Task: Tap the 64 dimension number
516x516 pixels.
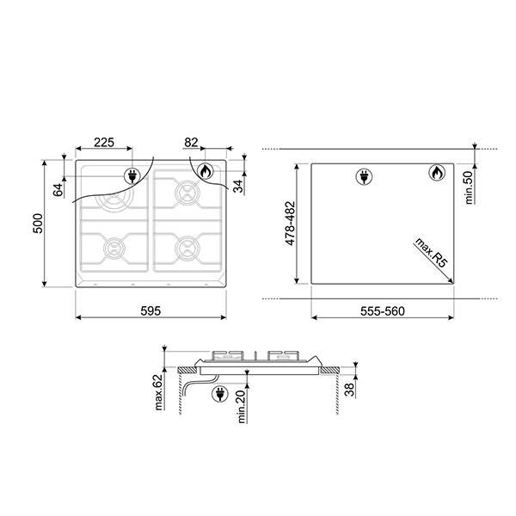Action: pyautogui.click(x=58, y=189)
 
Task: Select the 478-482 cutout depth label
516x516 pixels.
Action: pyautogui.click(x=292, y=224)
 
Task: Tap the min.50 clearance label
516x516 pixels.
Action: pyautogui.click(x=470, y=187)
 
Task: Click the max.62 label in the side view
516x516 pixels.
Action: pyautogui.click(x=158, y=392)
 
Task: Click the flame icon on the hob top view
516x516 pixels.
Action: pyautogui.click(x=206, y=172)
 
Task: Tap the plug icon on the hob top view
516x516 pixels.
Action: pyautogui.click(x=133, y=175)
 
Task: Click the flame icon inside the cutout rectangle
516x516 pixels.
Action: pyautogui.click(x=435, y=175)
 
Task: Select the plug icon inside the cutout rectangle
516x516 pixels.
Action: pyautogui.click(x=363, y=178)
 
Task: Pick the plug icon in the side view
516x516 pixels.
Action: pyautogui.click(x=218, y=395)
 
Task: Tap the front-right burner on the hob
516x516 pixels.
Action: pyautogui.click(x=185, y=247)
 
